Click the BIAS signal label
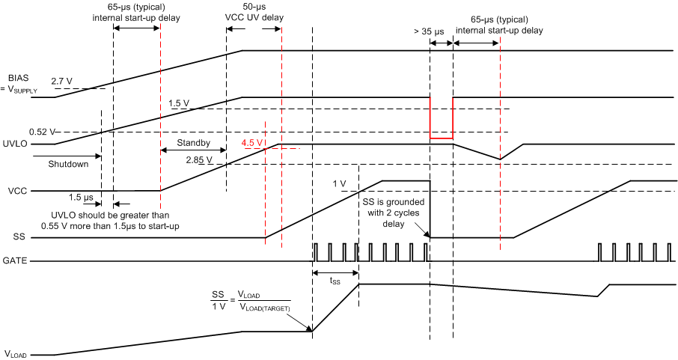click(x=17, y=78)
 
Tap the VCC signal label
click(x=16, y=191)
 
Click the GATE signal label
click(x=16, y=261)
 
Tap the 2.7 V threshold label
click(x=62, y=80)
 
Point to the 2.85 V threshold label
click(x=199, y=159)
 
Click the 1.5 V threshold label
click(x=181, y=103)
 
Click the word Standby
click(x=193, y=142)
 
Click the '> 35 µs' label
click(x=429, y=32)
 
